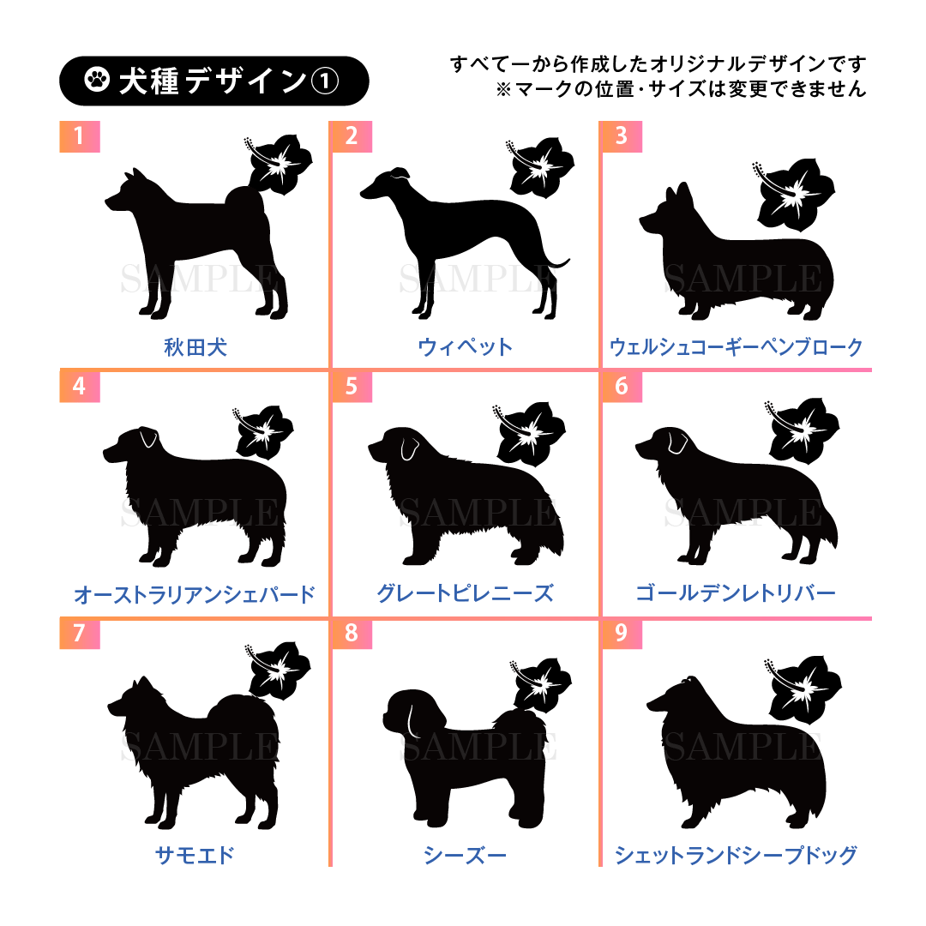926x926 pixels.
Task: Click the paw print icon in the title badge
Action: point(97,80)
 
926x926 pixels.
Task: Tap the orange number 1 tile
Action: point(80,136)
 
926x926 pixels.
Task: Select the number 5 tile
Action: point(352,386)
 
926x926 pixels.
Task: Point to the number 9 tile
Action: point(622,633)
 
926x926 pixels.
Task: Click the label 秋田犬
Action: point(195,347)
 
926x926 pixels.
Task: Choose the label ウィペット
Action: point(465,347)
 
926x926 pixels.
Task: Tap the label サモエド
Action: point(195,855)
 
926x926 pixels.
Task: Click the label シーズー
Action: point(465,855)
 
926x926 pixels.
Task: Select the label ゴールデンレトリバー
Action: point(736,593)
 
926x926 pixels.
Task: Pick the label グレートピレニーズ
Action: point(465,593)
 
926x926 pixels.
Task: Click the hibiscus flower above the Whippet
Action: point(540,166)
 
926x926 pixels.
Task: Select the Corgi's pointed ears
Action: point(678,194)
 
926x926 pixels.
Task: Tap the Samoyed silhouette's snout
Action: point(116,705)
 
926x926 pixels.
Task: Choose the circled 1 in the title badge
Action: point(325,81)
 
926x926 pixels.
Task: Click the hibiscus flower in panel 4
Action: point(263,432)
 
